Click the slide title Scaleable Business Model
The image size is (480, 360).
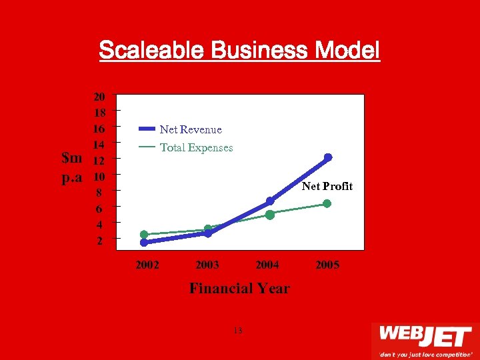click(x=239, y=50)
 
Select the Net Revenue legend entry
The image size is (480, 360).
click(x=191, y=129)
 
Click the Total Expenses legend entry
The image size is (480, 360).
click(x=196, y=147)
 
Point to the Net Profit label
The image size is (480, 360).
click(x=327, y=187)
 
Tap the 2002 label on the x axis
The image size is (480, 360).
click(x=147, y=265)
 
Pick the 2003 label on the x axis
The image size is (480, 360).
click(x=207, y=265)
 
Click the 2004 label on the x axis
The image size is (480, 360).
click(x=267, y=265)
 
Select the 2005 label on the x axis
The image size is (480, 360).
click(x=327, y=265)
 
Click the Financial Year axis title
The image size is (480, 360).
click(x=239, y=289)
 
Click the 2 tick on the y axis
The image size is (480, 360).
click(x=100, y=241)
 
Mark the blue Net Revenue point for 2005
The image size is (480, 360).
click(x=327, y=158)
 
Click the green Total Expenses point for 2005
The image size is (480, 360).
click(x=327, y=203)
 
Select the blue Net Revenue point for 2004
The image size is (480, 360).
click(x=270, y=201)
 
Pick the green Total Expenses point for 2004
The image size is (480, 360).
click(x=270, y=215)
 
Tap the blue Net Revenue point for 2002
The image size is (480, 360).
click(x=144, y=243)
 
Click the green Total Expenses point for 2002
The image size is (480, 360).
click(x=144, y=234)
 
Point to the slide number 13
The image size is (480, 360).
click(x=239, y=331)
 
